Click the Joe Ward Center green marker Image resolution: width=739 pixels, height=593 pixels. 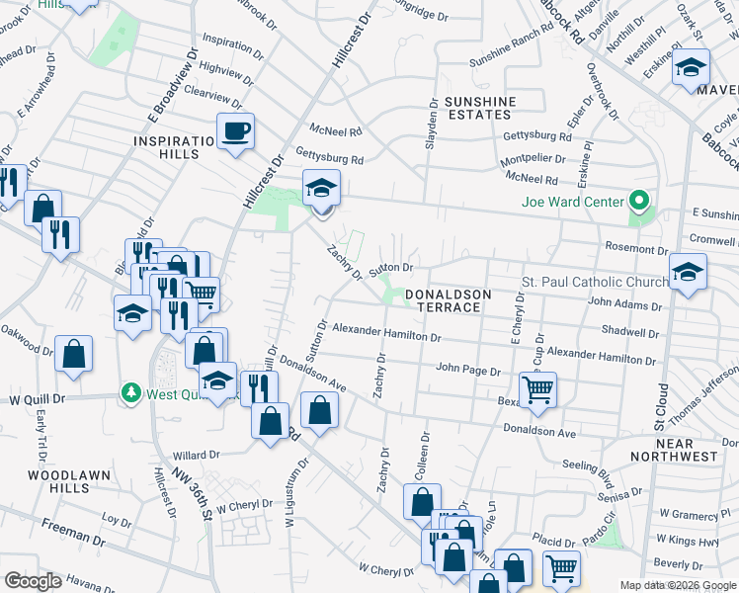(638, 203)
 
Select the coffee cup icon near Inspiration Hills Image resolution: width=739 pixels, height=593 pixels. (236, 130)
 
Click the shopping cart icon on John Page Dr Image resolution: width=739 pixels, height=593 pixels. (537, 388)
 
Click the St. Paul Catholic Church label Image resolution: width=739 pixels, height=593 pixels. (590, 283)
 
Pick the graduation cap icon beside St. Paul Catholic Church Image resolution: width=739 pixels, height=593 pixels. (689, 271)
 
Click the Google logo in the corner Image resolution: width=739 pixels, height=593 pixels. (33, 581)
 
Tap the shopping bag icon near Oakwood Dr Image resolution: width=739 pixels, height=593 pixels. (73, 353)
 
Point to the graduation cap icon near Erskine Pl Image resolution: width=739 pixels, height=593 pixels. (692, 68)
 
